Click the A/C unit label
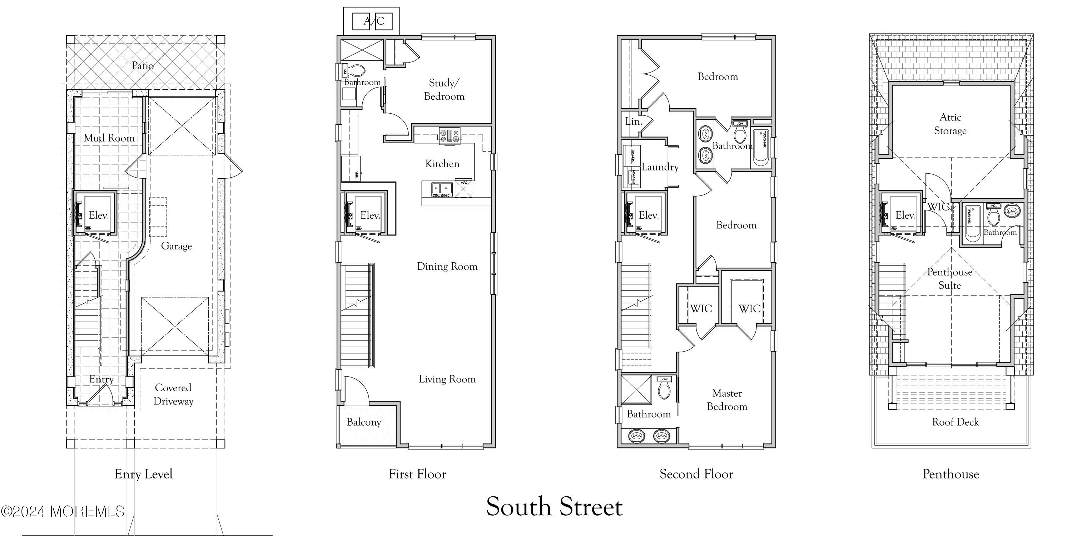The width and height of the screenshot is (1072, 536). pos(374,21)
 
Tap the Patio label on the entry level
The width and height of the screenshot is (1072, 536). pos(143,66)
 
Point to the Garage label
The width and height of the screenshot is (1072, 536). pos(177,246)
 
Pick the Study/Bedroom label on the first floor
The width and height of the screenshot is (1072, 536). pos(444,89)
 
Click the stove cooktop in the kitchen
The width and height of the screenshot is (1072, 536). pos(450,135)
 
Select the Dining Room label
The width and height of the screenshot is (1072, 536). pos(447,266)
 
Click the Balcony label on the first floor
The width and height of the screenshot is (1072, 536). pos(364,422)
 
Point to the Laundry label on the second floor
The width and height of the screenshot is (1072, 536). pos(660,167)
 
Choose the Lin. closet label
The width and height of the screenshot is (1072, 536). pos(634,121)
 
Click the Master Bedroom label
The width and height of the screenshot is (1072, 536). pos(727,399)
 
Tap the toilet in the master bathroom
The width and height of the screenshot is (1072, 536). pos(664,391)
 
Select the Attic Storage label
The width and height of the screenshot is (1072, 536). pos(950,124)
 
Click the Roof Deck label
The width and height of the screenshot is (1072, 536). pos(956,422)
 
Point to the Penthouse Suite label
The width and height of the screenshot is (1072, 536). pos(950,278)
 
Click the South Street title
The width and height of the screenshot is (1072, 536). pos(554,506)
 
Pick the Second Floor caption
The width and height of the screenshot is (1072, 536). pos(696,474)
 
